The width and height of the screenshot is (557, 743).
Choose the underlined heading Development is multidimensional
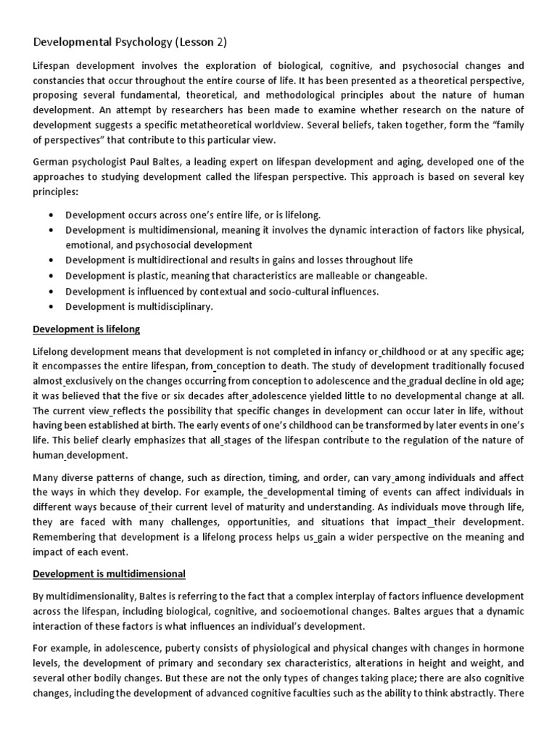point(110,573)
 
